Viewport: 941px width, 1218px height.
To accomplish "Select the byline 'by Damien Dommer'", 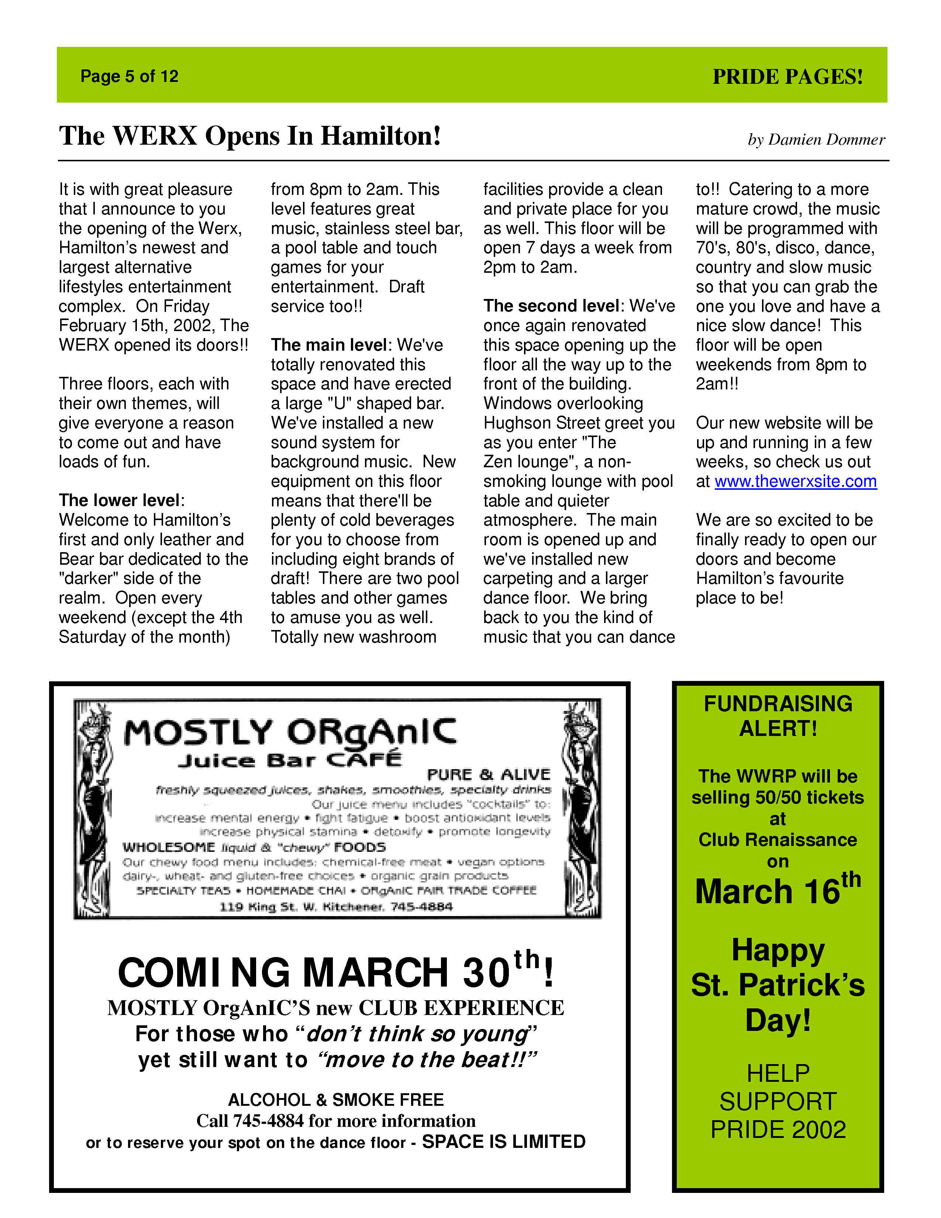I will pos(816,140).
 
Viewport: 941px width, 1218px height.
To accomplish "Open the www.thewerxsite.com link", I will pos(796,481).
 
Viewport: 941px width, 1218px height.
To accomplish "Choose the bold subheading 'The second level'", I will pos(551,306).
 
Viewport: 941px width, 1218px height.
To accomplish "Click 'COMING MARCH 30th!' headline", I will pos(336,973).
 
